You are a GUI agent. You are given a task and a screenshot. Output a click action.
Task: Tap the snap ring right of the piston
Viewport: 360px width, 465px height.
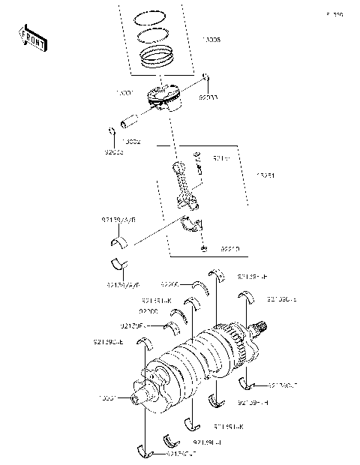[x=205, y=75]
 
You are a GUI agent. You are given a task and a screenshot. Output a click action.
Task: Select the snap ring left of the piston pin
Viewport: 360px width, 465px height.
[x=112, y=132]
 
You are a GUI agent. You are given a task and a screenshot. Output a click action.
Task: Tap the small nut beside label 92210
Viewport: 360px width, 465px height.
[x=202, y=247]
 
